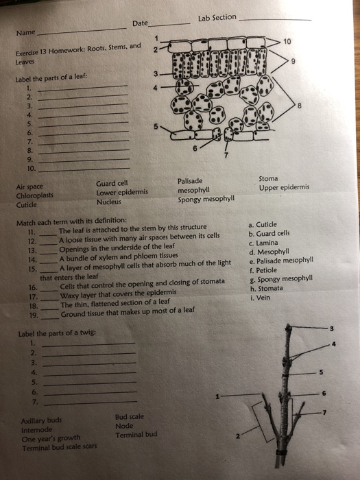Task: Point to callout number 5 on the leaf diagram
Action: (x=156, y=127)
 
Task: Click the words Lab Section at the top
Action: (x=216, y=17)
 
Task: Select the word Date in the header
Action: (x=140, y=24)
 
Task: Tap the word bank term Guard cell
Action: (x=112, y=182)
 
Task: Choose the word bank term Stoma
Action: (x=268, y=178)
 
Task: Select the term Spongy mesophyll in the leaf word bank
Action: (x=206, y=200)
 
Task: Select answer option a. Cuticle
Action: (x=262, y=224)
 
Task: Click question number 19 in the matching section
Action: (x=34, y=316)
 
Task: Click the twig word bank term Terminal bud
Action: (x=136, y=435)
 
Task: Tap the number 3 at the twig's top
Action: (x=332, y=328)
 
